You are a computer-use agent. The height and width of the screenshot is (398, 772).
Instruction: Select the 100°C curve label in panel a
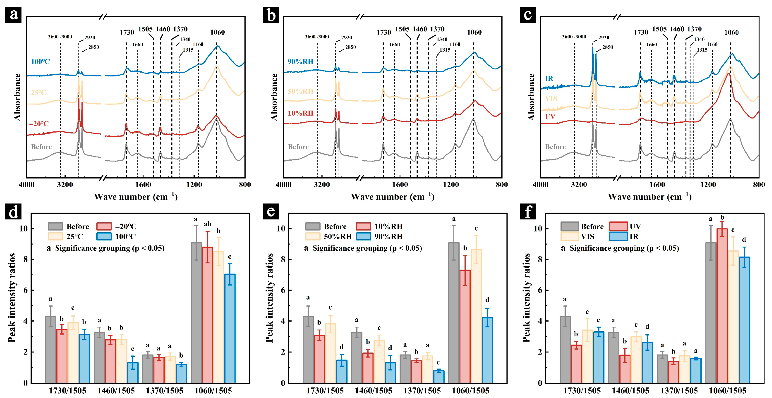40,62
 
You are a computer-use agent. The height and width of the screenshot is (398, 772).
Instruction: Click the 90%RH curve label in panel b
300,62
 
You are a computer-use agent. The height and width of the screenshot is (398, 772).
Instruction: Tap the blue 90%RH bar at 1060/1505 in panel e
487,350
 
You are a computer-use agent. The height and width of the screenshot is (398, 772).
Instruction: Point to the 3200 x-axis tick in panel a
65,185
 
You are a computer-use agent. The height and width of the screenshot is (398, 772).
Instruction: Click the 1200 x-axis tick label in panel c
708,185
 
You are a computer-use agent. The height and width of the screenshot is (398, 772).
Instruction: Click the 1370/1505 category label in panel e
422,391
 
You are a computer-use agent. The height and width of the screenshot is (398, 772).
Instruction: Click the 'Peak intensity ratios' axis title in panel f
526,298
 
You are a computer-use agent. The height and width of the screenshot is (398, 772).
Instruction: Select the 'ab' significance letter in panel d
207,224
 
